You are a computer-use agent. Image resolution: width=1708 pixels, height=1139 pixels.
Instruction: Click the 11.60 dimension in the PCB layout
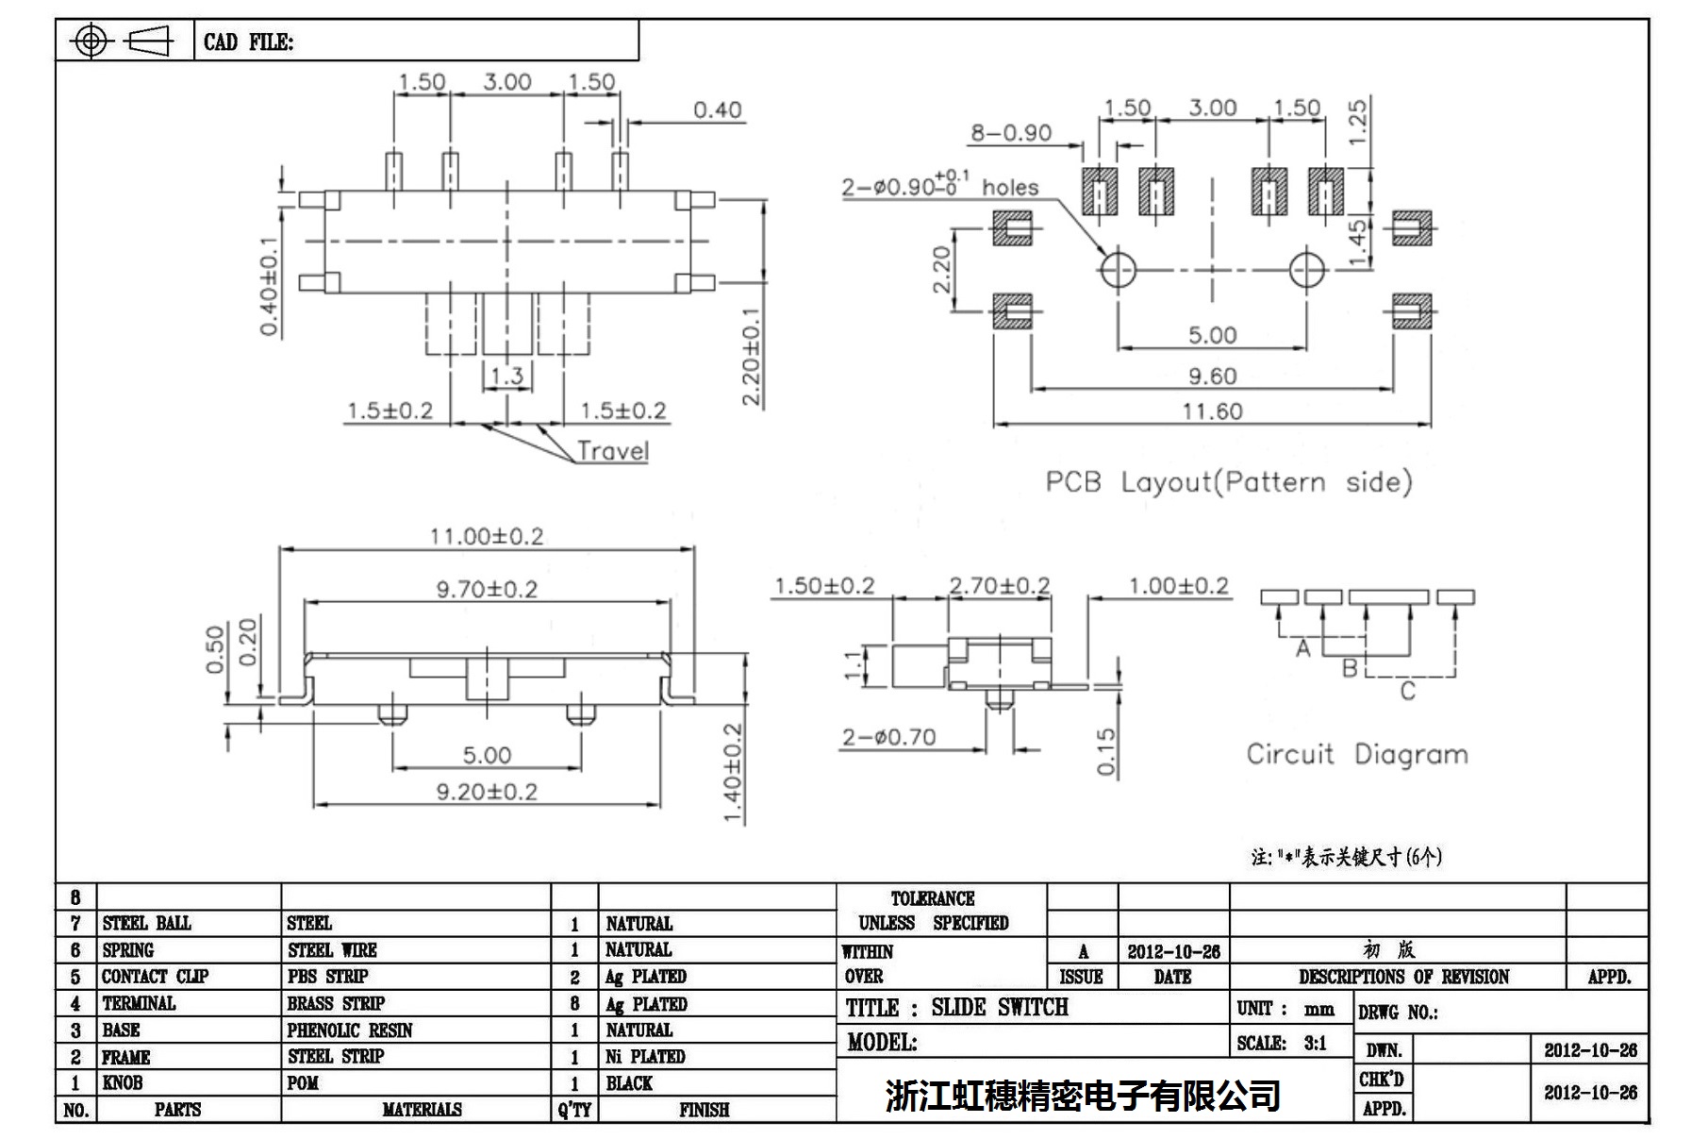[x=1212, y=411]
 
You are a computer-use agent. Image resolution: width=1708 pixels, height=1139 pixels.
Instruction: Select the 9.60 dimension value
[x=1212, y=377]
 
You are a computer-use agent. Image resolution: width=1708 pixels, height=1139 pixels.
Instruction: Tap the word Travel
[x=613, y=451]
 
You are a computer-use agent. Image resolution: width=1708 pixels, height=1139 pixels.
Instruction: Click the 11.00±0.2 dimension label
[x=487, y=536]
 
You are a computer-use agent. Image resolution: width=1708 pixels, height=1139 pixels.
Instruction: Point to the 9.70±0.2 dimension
[x=487, y=590]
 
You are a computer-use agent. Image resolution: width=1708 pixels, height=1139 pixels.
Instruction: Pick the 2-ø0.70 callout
[x=888, y=737]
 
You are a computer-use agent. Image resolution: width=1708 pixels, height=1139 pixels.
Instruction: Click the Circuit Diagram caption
[x=1357, y=754]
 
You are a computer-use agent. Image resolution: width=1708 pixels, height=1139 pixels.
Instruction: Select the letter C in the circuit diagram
[x=1407, y=692]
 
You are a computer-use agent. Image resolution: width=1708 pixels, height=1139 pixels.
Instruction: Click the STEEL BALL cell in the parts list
[x=146, y=923]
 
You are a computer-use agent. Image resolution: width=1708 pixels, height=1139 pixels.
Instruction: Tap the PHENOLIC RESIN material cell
[x=350, y=1030]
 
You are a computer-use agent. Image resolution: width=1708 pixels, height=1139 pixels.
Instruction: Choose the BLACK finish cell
[x=629, y=1083]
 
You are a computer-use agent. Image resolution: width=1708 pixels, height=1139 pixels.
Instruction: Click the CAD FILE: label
[x=248, y=42]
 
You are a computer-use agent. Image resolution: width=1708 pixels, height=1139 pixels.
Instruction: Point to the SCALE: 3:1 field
[x=1282, y=1044]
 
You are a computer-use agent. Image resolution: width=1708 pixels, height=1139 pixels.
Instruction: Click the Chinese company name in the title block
[x=1083, y=1095]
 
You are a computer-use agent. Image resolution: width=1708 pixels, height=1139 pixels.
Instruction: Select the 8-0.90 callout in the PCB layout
[x=1011, y=133]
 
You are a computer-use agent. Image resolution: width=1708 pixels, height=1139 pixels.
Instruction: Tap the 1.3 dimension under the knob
[x=507, y=376]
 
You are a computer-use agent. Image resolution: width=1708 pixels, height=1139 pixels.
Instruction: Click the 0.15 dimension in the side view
[x=1106, y=751]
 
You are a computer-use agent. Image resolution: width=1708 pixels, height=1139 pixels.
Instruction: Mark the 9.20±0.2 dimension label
[x=487, y=792]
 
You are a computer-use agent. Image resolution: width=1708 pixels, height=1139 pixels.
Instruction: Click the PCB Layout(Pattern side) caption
[x=1229, y=482]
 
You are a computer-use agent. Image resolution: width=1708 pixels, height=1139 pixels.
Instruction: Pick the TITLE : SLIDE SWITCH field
[x=956, y=1008]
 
